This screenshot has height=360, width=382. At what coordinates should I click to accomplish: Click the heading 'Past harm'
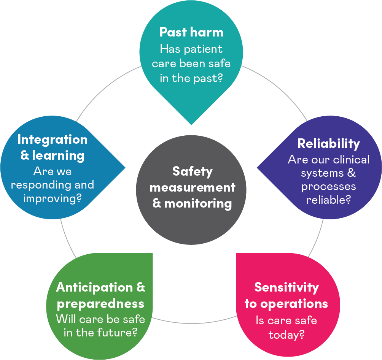coord(191,32)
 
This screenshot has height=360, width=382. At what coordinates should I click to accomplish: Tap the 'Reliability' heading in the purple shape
coord(329,144)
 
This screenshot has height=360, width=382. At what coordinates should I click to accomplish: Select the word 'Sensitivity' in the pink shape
coord(286,288)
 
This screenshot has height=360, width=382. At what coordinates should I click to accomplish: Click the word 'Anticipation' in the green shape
coord(94,288)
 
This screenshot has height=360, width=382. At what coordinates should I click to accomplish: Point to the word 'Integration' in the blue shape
coord(53,140)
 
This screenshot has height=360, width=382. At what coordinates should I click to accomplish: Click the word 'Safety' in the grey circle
coord(193,172)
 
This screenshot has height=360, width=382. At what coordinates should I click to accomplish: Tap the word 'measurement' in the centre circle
coord(193,188)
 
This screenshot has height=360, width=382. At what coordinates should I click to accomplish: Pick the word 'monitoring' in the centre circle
coord(198,204)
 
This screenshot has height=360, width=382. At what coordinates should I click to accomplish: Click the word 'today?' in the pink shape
coord(286,335)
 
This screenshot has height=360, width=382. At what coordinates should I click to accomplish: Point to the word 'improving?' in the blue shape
coord(53,198)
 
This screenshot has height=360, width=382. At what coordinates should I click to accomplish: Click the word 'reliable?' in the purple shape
coord(329,200)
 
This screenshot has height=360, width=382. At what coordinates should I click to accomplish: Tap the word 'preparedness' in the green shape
coord(100,304)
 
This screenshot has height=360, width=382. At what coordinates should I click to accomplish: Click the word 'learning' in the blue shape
coord(59,156)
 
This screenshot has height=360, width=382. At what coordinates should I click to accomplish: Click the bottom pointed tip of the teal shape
coord(191,125)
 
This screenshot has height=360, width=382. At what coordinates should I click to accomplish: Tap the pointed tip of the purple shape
coord(257,168)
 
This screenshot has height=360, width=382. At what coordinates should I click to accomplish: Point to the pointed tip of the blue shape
coord(125,168)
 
